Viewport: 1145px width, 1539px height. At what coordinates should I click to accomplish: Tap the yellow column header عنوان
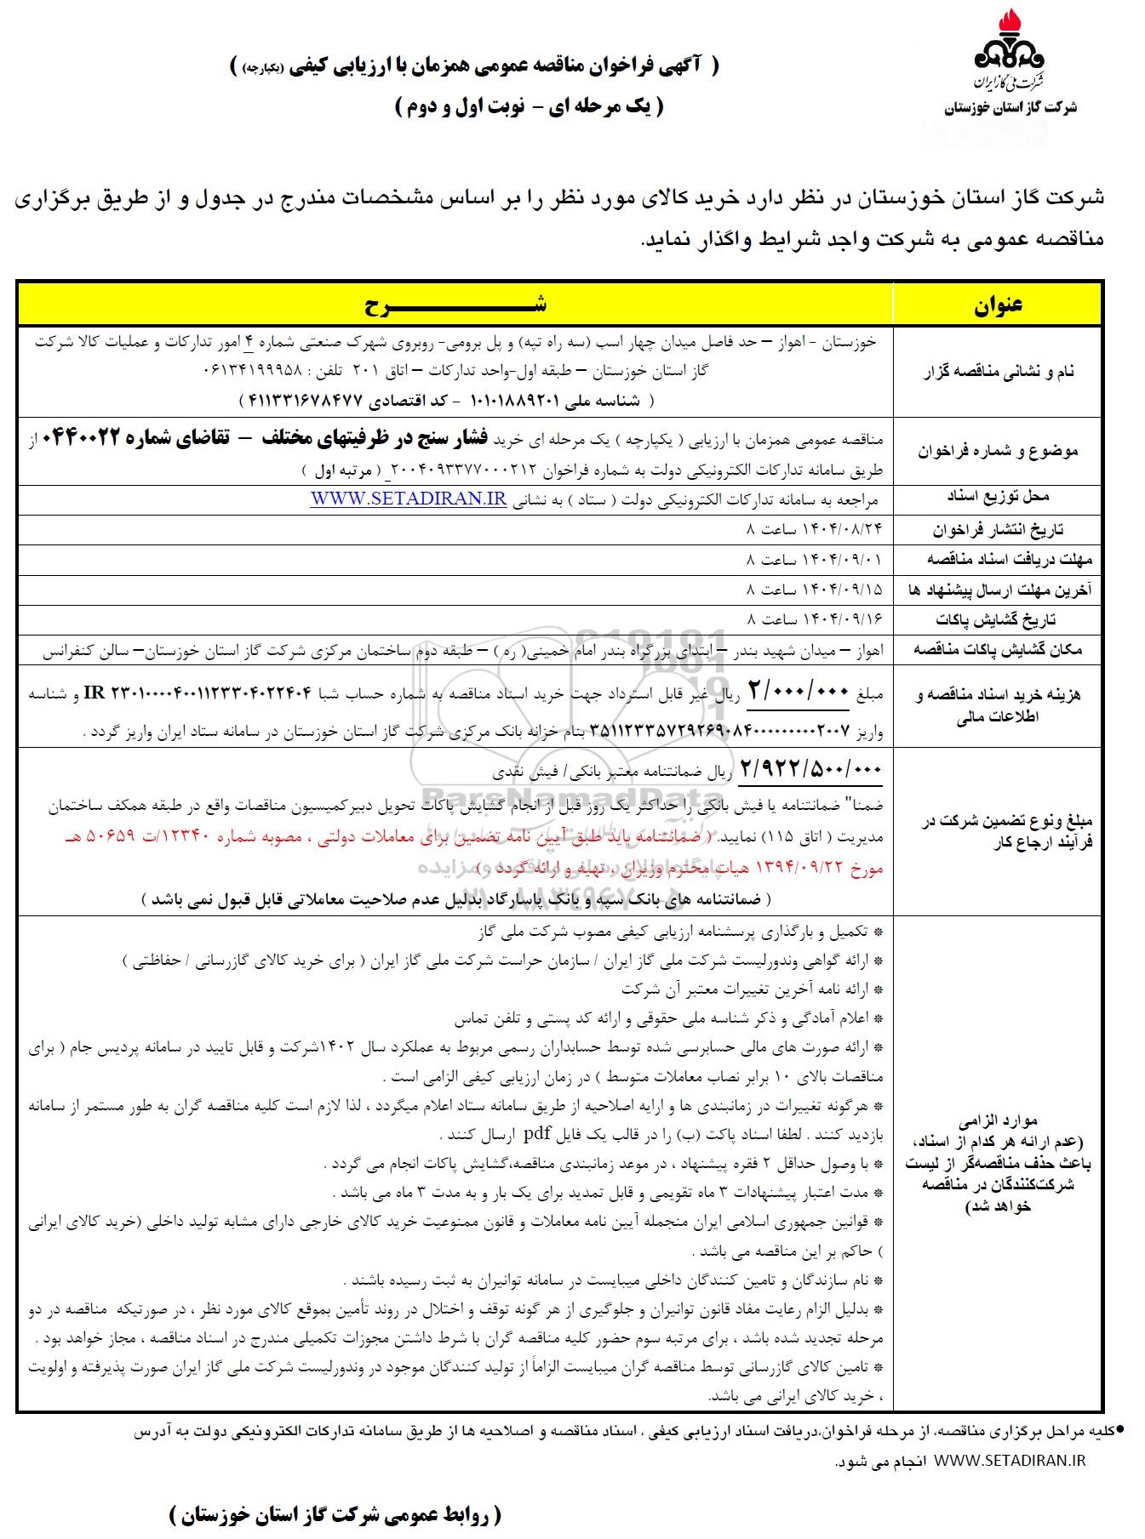point(998,305)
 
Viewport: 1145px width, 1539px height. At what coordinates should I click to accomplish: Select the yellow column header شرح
point(455,305)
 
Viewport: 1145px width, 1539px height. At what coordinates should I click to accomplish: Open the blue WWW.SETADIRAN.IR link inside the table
point(409,499)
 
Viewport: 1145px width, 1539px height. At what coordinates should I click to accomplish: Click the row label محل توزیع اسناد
point(998,497)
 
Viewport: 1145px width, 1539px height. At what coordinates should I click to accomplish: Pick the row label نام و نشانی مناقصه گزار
point(998,372)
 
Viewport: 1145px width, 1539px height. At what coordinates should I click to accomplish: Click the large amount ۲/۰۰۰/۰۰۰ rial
point(799,692)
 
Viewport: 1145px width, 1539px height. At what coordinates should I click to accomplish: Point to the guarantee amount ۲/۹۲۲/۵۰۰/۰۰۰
point(811,769)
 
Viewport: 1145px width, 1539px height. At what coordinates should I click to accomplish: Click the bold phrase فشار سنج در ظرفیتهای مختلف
point(378,439)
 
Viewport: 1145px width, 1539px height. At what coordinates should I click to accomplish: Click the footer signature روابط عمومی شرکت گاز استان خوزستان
point(335,1514)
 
